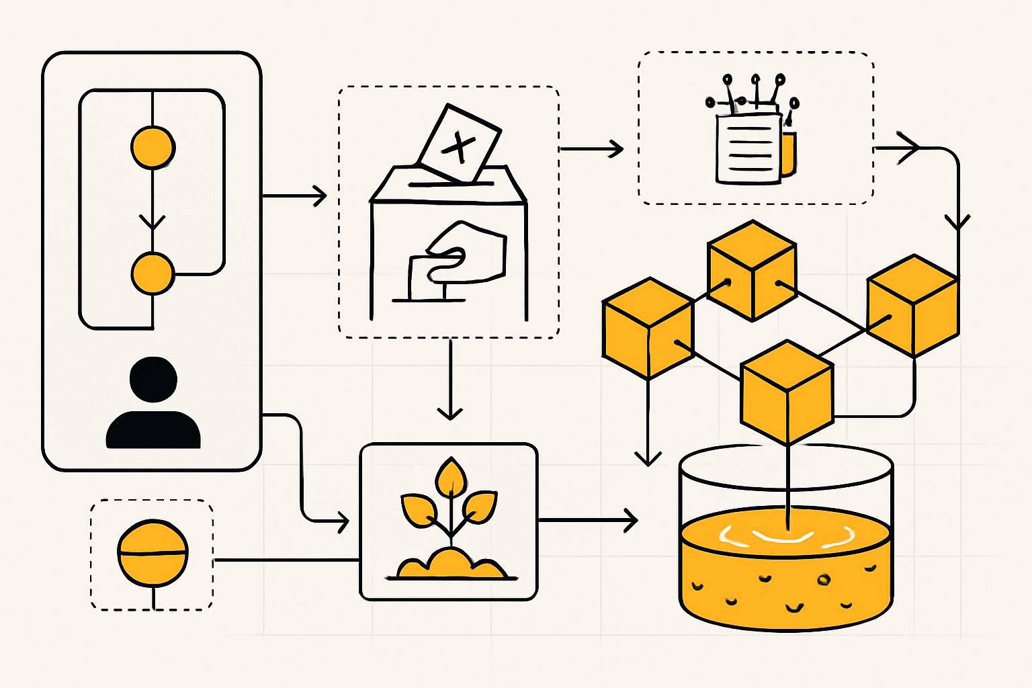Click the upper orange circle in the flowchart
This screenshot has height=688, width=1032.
tap(153, 147)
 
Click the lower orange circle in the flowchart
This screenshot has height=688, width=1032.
tap(153, 273)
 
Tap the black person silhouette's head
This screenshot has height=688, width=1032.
tap(154, 380)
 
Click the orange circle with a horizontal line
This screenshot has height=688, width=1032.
tap(153, 552)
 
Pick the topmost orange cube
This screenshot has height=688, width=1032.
tap(752, 270)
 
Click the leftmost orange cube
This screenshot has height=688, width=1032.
tap(648, 328)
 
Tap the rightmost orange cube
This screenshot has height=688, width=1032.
tap(912, 305)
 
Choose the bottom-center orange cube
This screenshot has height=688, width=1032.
tap(787, 392)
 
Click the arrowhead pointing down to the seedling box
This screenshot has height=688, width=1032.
tap(450, 413)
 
